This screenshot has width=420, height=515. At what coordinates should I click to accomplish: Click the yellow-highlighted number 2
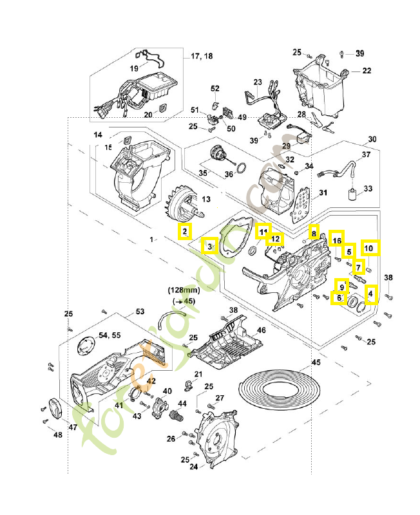pyautogui.click(x=185, y=231)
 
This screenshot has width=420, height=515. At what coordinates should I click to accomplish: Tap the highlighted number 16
pyautogui.click(x=337, y=239)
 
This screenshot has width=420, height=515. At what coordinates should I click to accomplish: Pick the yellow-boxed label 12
pyautogui.click(x=276, y=239)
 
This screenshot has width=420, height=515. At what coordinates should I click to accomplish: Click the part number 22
pyautogui.click(x=366, y=70)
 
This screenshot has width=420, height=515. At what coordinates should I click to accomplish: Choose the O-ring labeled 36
pyautogui.click(x=240, y=169)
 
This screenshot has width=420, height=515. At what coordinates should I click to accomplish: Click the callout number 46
pyautogui.click(x=262, y=330)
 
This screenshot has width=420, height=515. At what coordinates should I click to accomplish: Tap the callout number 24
pyautogui.click(x=193, y=467)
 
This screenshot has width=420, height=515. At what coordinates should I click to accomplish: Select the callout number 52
pyautogui.click(x=215, y=88)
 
